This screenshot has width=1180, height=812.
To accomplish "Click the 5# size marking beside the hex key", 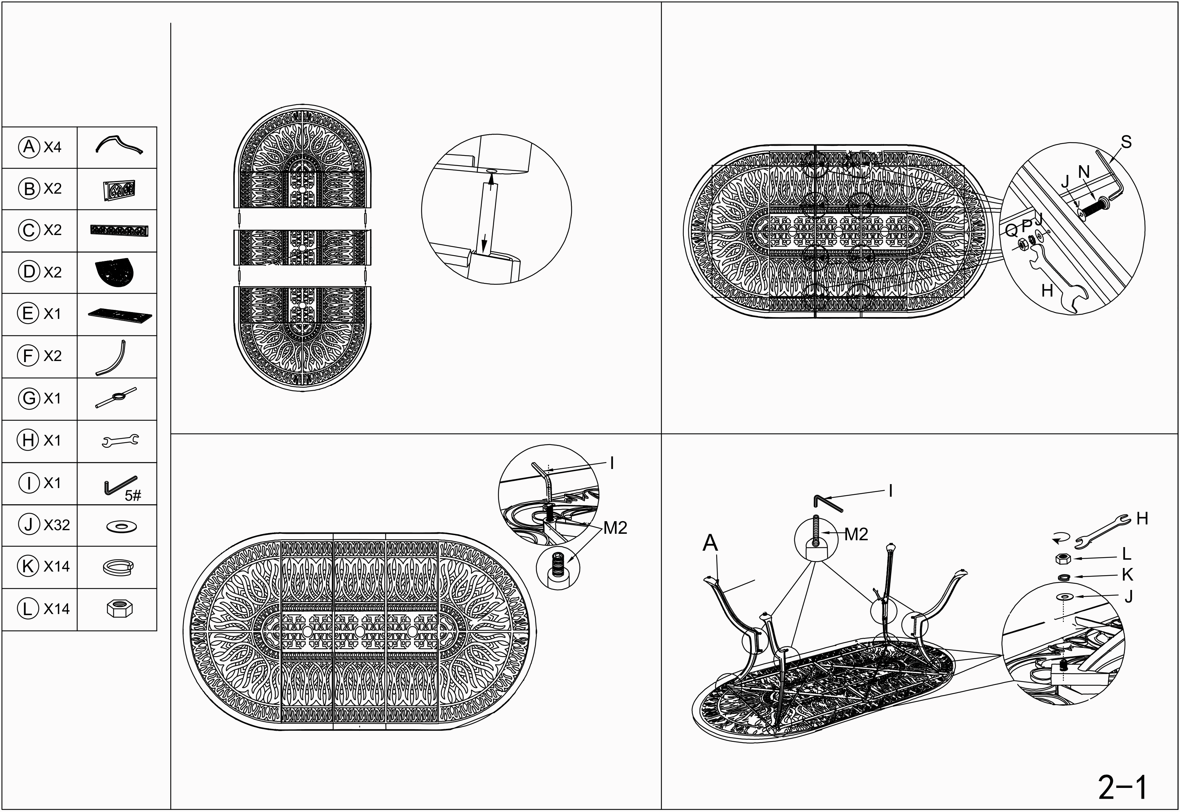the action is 133,496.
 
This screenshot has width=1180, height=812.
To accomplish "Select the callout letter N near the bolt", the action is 1084,172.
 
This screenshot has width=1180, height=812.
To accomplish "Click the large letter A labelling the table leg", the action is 710,543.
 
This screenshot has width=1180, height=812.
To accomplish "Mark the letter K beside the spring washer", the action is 1127,575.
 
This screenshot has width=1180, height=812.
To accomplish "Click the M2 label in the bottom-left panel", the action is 615,528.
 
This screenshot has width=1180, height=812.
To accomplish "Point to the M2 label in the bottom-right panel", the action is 856,534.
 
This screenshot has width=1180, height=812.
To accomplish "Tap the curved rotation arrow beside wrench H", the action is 1060,537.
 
